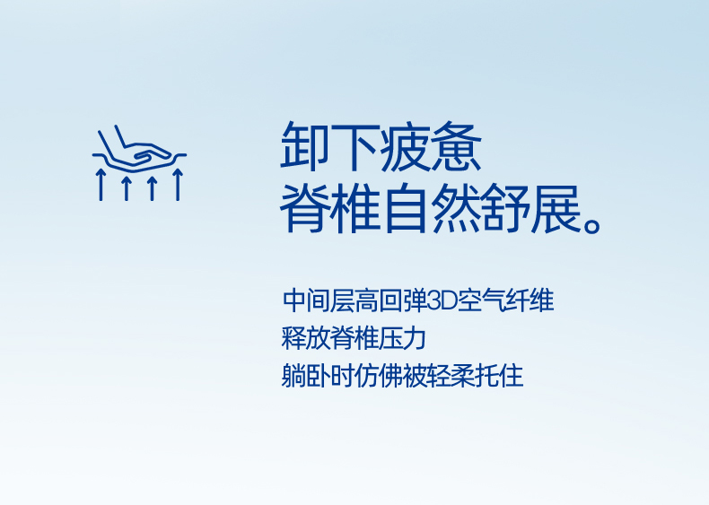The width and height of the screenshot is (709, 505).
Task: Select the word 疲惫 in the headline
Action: pyautogui.click(x=431, y=146)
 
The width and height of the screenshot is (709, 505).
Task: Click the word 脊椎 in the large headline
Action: pyautogui.click(x=330, y=208)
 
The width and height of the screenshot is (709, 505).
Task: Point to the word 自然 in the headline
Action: pyautogui.click(x=431, y=208)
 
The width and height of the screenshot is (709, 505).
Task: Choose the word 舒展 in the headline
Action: pyautogui.click(x=531, y=208)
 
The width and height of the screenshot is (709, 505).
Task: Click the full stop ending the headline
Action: pyautogui.click(x=592, y=223)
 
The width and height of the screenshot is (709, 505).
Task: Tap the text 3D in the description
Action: pyautogui.click(x=442, y=301)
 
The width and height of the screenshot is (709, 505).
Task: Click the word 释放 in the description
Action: pyautogui.click(x=306, y=338)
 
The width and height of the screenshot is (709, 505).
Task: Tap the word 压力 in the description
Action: pyautogui.click(x=402, y=338)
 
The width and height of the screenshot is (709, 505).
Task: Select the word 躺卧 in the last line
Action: pyautogui.click(x=306, y=376)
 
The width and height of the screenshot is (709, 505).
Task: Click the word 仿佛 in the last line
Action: pyautogui.click(x=378, y=376)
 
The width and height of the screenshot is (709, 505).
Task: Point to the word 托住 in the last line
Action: pyautogui.click(x=499, y=376)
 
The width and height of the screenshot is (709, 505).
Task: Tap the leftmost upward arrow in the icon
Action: pyautogui.click(x=101, y=185)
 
